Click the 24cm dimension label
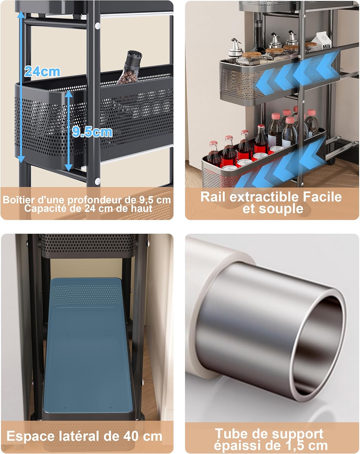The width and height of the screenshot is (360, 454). [42, 72]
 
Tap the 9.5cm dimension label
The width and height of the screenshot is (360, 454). [92, 132]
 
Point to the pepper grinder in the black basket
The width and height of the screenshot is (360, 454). [130, 67]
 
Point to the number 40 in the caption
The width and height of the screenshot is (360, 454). [131, 436]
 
